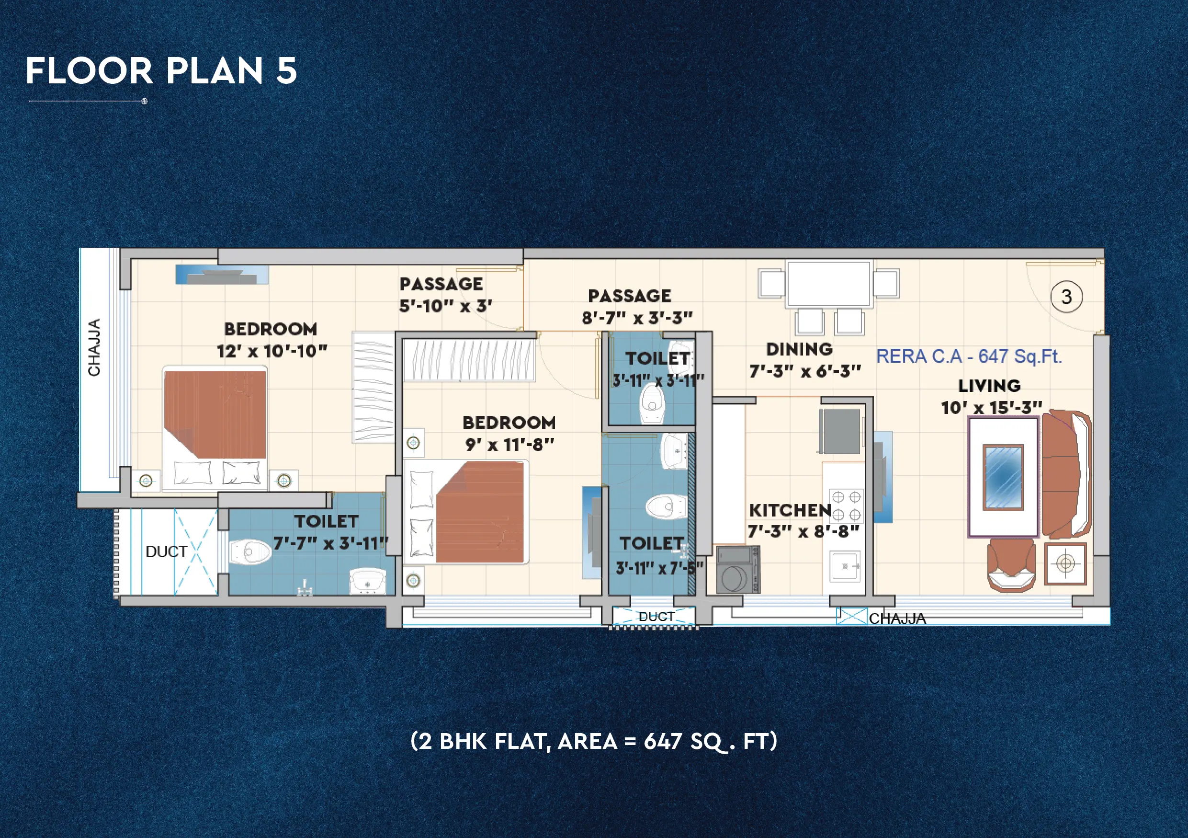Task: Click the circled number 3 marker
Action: coord(1066,297)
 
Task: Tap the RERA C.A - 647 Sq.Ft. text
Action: coord(969,356)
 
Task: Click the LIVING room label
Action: coord(989,386)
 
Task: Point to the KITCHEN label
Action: coord(790,510)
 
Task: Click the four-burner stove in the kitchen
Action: coord(847,505)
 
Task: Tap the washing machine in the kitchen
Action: coord(737,570)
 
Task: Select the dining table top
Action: coord(829,284)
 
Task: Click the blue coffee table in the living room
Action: coord(1003,477)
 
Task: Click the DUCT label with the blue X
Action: coord(167,552)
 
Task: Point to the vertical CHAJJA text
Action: coord(95,347)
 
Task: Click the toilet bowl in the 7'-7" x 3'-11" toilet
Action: coord(250,552)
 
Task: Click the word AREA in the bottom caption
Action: coord(587,741)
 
